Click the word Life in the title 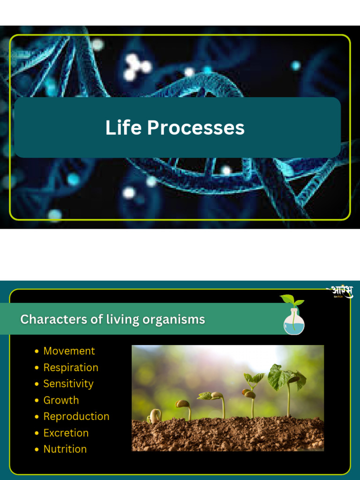tap(123, 127)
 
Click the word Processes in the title tap(196, 127)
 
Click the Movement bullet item tap(69, 351)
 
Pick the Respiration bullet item tap(71, 367)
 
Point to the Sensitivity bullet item tap(68, 384)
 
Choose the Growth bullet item tap(61, 400)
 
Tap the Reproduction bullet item tap(76, 416)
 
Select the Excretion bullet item tap(66, 433)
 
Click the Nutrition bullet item tap(65, 449)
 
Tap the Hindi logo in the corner tap(340, 292)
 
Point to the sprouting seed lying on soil tap(154, 416)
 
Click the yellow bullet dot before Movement tap(37, 352)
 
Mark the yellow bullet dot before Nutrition tap(37, 450)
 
